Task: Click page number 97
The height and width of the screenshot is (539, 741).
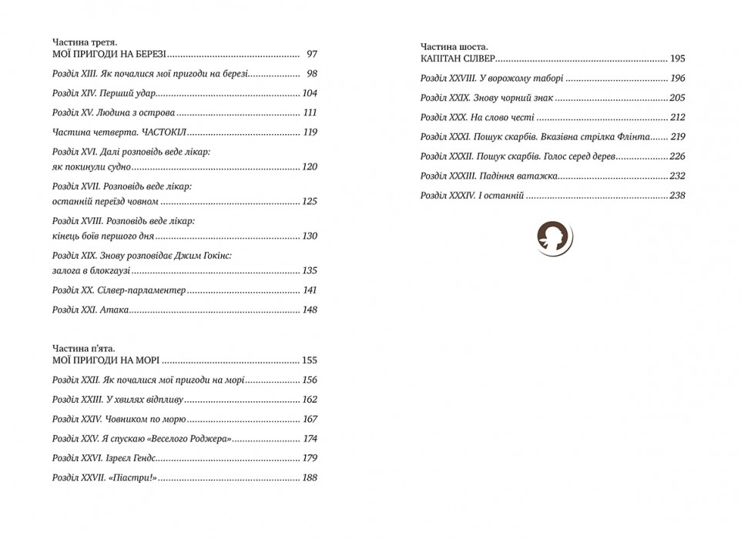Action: pyautogui.click(x=311, y=55)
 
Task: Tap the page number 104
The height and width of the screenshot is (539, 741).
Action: pyautogui.click(x=310, y=93)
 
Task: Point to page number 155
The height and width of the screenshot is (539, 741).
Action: pyautogui.click(x=310, y=360)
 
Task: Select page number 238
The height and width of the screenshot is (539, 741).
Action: pyautogui.click(x=677, y=196)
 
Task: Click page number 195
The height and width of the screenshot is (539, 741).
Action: pyautogui.click(x=677, y=59)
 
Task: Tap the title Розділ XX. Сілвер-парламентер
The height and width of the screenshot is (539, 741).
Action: pyautogui.click(x=119, y=290)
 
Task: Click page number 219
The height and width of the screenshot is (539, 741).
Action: pyautogui.click(x=677, y=137)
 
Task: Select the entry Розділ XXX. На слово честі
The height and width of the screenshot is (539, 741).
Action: pyautogui.click(x=477, y=118)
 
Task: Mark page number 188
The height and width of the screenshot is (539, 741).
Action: pyautogui.click(x=310, y=478)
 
